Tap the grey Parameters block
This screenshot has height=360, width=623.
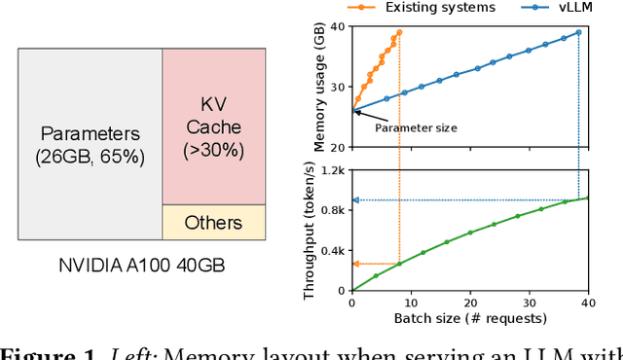(x=89, y=144)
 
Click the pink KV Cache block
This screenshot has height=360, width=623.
(x=212, y=126)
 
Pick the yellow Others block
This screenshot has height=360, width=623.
(x=212, y=222)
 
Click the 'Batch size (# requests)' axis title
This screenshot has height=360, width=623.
(x=467, y=318)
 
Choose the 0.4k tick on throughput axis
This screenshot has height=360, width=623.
(x=332, y=251)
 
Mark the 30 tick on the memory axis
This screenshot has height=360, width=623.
(x=336, y=87)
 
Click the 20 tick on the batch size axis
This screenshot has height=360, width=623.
(x=470, y=303)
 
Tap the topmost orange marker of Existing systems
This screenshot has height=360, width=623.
(x=399, y=32)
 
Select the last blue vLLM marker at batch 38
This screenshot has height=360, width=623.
(x=578, y=32)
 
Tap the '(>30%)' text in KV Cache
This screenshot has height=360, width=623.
(x=212, y=150)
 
